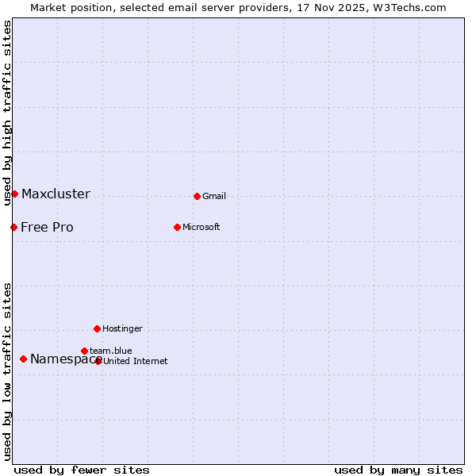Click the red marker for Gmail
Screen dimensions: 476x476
pos(197,196)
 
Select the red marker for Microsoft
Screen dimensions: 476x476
pos(177,227)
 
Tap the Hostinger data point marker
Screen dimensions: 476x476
pos(97,328)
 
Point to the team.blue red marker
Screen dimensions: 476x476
pos(84,351)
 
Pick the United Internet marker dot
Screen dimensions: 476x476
pos(98,361)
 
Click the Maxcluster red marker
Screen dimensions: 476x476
pos(14,194)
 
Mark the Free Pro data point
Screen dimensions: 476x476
pos(13,227)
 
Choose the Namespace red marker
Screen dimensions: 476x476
pos(23,359)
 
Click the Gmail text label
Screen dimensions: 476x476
pos(214,196)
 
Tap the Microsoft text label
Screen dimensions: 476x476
pos(202,227)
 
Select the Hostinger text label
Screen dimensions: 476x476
pos(122,328)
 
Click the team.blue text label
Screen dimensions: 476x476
pos(111,351)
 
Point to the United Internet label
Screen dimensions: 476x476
pos(136,361)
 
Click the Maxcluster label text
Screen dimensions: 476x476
pos(56,194)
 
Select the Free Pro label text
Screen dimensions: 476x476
pos(47,227)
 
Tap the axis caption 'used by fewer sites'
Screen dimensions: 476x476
pos(82,470)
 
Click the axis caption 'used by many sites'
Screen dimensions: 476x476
pos(398,470)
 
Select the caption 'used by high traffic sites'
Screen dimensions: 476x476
pos(7,113)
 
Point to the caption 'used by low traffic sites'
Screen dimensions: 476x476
pos(7,371)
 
